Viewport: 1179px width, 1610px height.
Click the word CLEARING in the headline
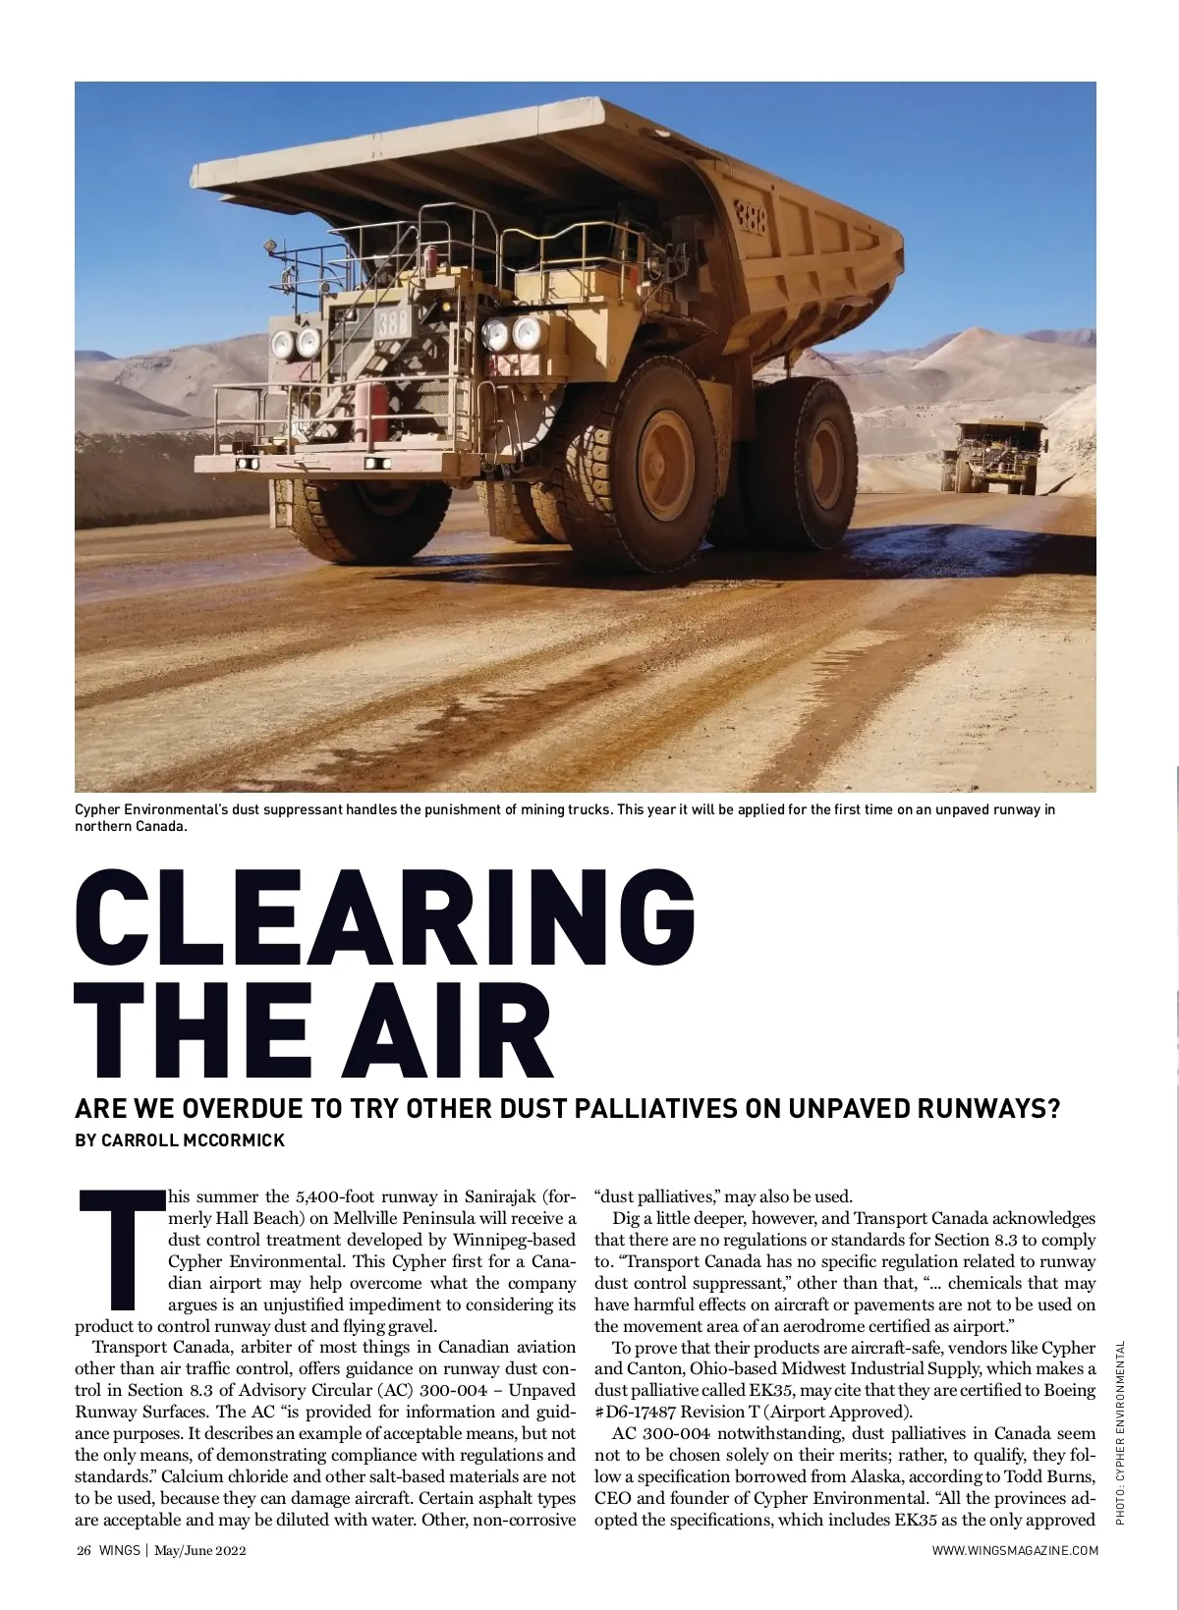tap(385, 917)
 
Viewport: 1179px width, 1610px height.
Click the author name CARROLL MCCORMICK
tap(180, 1140)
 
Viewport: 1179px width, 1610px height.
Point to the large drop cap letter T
tap(120, 1249)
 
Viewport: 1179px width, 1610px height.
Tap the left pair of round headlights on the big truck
tap(296, 343)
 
